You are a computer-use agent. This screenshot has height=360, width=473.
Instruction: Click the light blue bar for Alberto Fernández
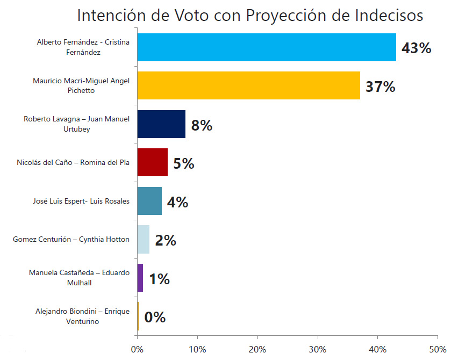266,47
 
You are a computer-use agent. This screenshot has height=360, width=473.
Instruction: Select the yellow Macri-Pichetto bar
248,85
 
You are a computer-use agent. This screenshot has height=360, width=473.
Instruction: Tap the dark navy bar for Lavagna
161,124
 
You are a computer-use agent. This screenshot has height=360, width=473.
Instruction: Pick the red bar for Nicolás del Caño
152,162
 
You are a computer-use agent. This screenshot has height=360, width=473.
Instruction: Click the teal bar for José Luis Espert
149,201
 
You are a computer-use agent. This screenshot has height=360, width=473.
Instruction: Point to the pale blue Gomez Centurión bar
143,240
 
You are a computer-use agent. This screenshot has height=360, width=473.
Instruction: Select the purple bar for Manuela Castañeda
140,278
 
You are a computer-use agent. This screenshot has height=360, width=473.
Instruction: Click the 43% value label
417,48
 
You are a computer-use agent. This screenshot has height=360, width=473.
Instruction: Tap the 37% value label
380,87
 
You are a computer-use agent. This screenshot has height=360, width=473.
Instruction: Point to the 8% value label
202,126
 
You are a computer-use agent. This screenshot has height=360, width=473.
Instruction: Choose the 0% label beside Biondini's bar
155,318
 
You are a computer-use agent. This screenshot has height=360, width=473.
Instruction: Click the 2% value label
166,241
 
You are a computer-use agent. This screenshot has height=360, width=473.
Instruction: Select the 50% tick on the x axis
438,349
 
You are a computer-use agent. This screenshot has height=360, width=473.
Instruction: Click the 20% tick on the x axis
257,349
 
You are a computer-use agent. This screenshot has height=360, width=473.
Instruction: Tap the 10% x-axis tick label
197,349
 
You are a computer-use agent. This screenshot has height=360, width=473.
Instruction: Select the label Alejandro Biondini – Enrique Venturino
82,316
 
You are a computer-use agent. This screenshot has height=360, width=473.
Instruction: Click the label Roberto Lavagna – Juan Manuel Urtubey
76,124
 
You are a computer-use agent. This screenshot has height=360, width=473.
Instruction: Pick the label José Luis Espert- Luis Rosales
81,201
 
